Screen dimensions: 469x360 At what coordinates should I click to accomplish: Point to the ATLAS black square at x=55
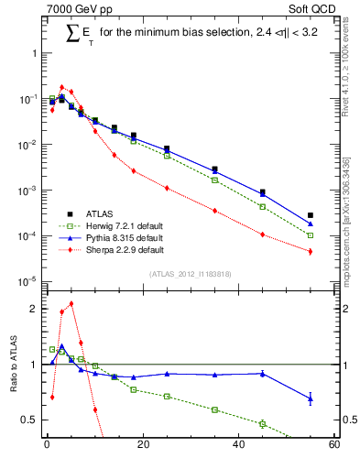(311, 215)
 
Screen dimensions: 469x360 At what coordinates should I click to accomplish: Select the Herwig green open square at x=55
(311, 235)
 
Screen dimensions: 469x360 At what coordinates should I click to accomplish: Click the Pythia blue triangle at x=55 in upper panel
(311, 224)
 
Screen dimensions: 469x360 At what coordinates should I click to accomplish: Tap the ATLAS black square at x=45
(263, 192)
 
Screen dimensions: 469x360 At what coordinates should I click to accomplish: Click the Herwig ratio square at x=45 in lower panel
(263, 423)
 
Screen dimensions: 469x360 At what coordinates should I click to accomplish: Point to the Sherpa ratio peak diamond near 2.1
(71, 303)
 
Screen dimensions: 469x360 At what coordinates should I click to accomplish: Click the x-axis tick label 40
(238, 446)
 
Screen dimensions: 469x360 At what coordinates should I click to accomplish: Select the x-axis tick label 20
(142, 446)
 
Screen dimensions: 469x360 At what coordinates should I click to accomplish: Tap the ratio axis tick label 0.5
(30, 420)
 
